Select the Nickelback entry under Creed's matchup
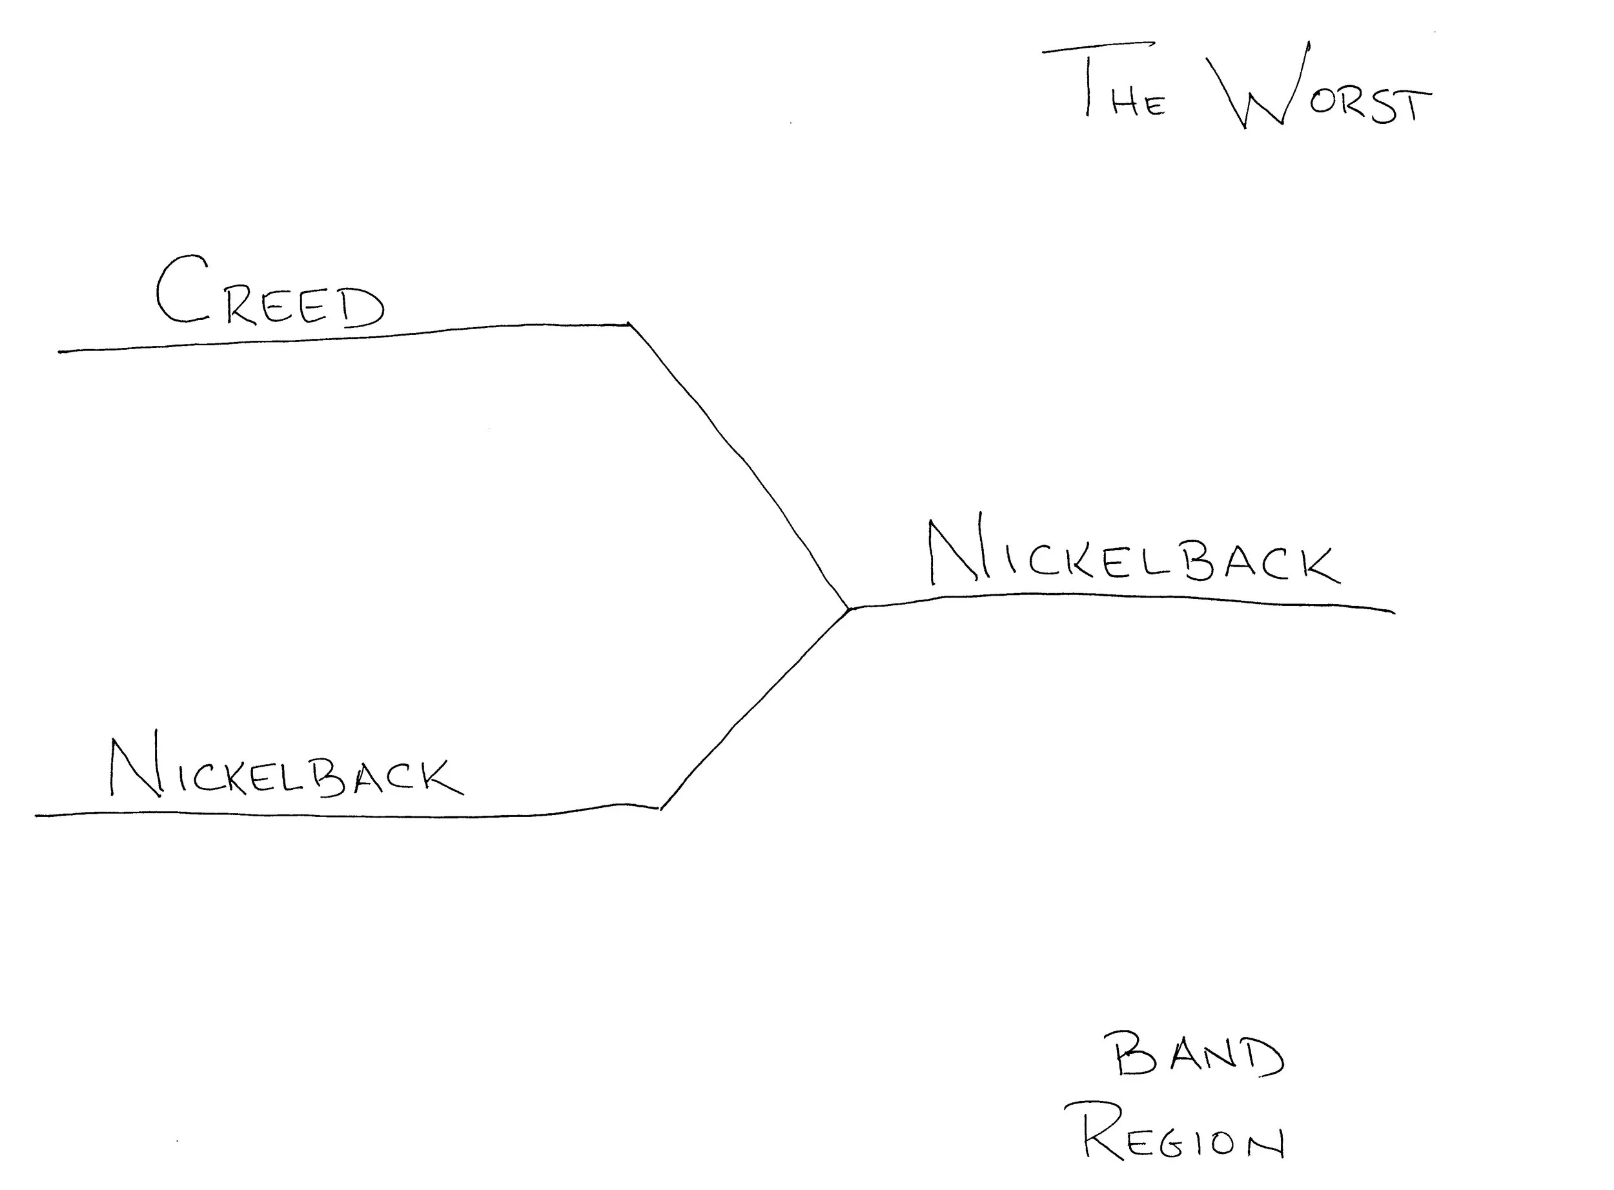coord(285,771)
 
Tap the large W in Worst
coord(1258,86)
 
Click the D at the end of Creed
coord(364,308)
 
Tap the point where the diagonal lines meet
coord(850,609)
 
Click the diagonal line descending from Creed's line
coord(742,461)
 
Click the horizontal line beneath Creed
coord(346,338)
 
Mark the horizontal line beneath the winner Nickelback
coord(1124,596)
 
